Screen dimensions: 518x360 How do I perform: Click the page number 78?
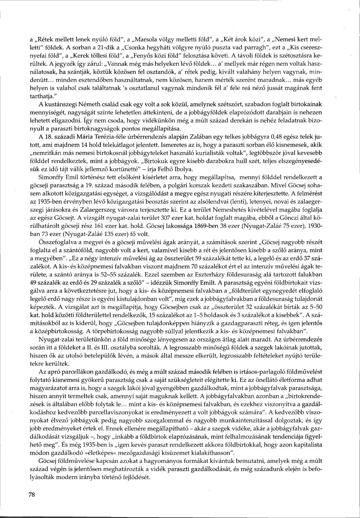pyautogui.click(x=32, y=495)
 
